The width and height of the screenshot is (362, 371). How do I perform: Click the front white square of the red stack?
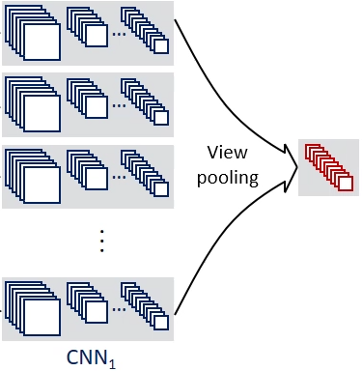coord(344,184)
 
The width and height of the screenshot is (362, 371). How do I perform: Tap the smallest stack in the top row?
coord(146,32)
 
